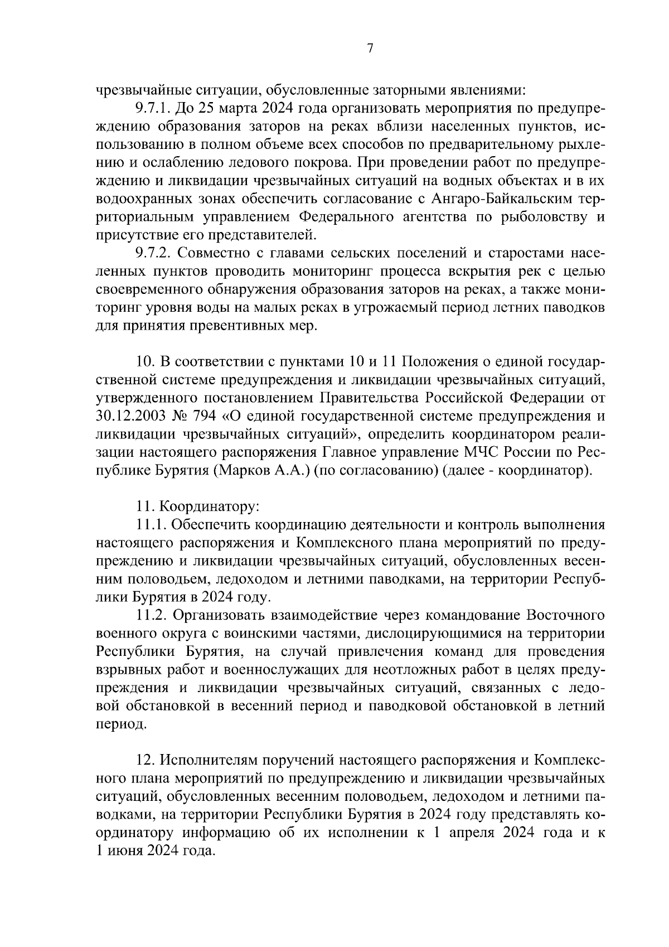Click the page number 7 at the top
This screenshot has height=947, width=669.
point(370,49)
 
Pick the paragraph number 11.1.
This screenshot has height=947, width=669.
point(151,525)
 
